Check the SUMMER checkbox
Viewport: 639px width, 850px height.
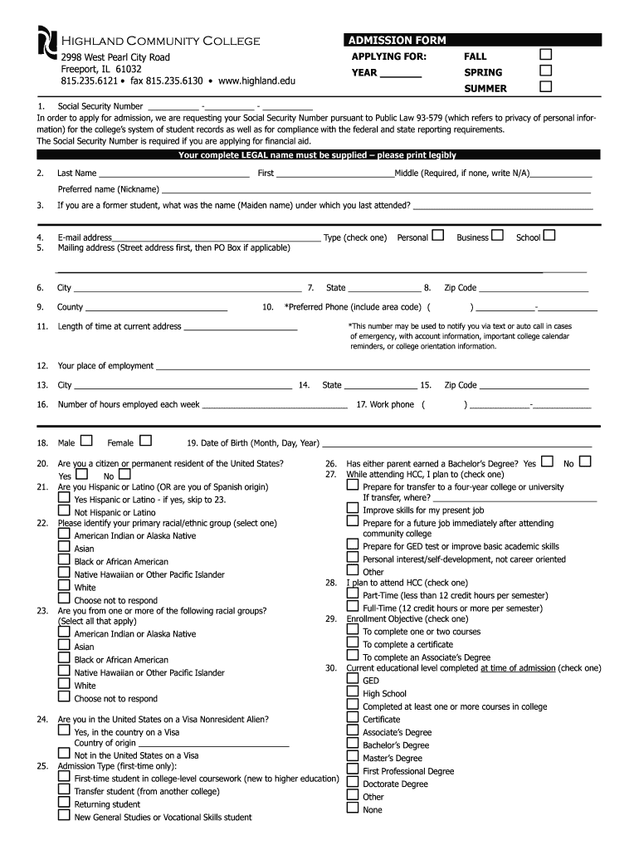point(545,87)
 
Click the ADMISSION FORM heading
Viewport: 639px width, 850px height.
point(397,40)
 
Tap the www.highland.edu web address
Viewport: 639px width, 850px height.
point(257,81)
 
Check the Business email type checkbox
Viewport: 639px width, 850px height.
point(497,236)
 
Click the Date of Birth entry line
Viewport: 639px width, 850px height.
point(456,445)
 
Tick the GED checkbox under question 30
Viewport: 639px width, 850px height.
point(353,680)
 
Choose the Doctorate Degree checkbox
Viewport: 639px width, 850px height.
point(353,783)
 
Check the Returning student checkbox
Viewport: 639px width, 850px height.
point(64,803)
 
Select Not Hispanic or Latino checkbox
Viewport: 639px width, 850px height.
point(64,511)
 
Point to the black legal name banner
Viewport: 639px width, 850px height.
point(317,154)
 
